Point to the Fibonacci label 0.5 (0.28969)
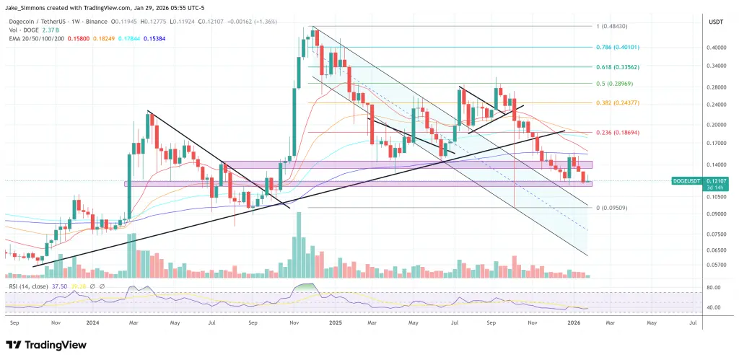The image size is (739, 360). tap(609, 84)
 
